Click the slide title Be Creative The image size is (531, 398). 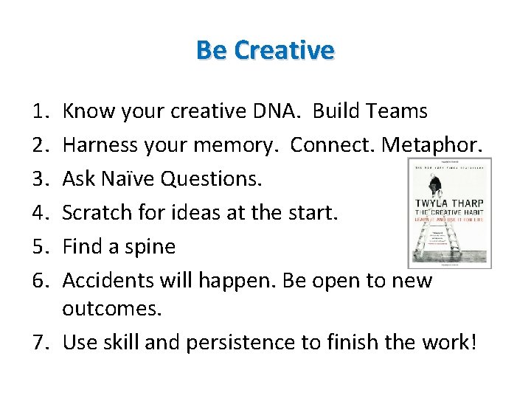click(265, 50)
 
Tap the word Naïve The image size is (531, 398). click(131, 179)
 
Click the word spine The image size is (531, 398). click(150, 246)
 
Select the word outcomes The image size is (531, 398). click(111, 308)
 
